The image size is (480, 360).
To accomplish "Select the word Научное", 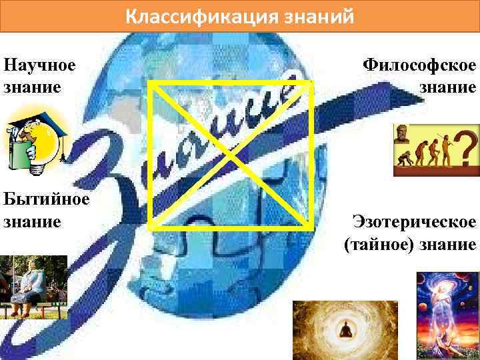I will tap(39, 65).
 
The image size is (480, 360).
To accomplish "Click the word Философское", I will tap(419, 65).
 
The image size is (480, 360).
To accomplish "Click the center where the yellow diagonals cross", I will tap(231, 155).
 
